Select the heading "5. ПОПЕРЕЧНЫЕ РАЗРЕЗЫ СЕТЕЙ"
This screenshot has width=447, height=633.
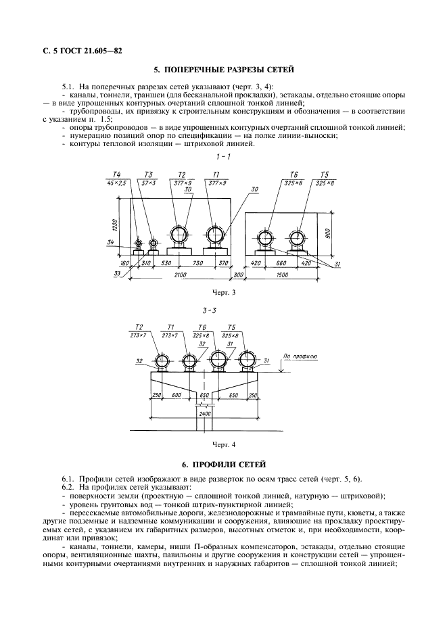pos(222,70)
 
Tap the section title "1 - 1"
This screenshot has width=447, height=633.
pos(222,157)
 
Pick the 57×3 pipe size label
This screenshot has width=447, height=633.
pos(149,183)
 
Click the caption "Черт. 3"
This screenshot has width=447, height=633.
pos(222,293)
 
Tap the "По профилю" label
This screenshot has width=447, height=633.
pos(296,355)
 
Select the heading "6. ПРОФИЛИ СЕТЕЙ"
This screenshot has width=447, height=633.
pos(222,465)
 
